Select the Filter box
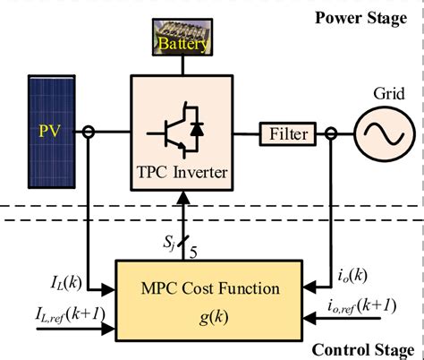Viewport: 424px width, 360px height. tap(286, 134)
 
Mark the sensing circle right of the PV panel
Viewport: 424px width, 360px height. tap(89, 134)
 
